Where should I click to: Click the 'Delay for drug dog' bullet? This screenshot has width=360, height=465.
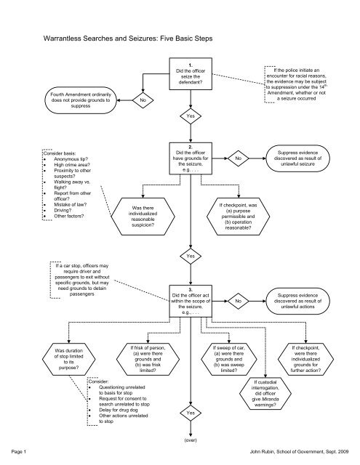point(116,408)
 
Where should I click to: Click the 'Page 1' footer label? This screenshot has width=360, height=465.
point(15,452)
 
